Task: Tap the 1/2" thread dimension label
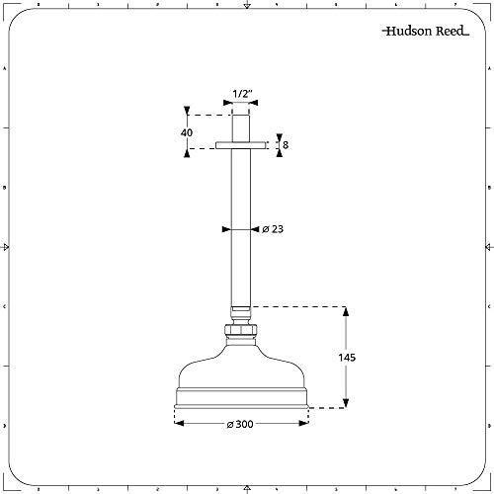tap(243, 94)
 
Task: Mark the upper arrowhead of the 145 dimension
tap(346, 311)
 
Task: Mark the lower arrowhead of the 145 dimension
tap(346, 402)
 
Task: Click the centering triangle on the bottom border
tap(247, 486)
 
